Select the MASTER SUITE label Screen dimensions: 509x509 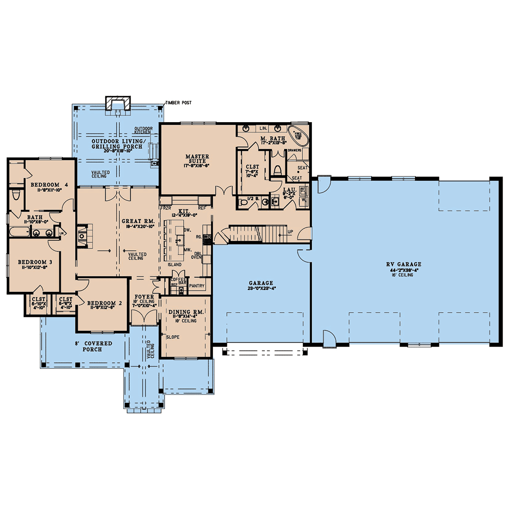pos(197,159)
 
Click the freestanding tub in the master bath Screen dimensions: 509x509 pos(299,133)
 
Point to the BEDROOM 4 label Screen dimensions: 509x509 pos(49,185)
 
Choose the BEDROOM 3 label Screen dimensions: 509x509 pos(32,262)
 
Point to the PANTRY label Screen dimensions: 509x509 pos(197,286)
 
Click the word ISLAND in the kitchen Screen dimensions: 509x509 pos(174,265)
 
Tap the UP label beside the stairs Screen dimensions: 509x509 pos(290,232)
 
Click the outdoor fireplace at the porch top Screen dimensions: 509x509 pos(117,103)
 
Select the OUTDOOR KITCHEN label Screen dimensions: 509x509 pos(143,130)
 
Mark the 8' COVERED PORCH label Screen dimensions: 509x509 pos(92,346)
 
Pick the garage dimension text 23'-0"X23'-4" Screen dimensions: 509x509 pos(261,289)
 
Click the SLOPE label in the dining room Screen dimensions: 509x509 pos(173,337)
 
